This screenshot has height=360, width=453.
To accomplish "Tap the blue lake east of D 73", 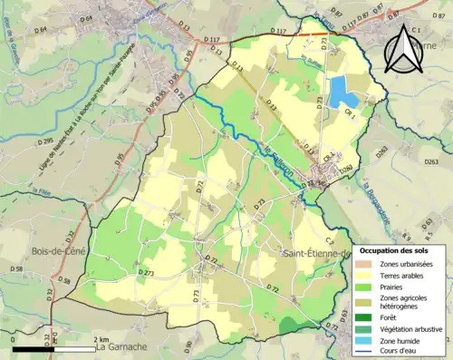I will point(341,92).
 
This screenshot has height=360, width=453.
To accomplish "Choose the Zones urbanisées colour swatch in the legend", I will point(366,263).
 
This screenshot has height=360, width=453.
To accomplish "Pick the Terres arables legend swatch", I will point(366,275).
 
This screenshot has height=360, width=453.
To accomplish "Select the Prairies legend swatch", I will point(366,287).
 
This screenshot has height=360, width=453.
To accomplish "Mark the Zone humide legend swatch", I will point(366,340).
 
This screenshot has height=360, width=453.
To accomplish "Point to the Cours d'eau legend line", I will point(366,352).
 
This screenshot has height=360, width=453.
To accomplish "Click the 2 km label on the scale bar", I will point(101,339).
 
